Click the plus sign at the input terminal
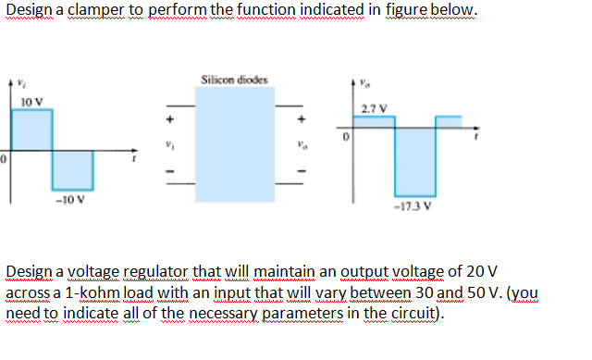coord(169,119)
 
